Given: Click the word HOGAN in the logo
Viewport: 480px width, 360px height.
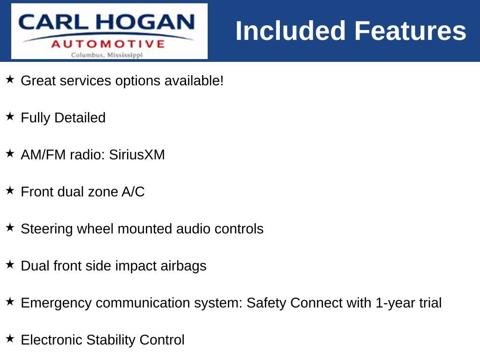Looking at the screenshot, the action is (145, 22).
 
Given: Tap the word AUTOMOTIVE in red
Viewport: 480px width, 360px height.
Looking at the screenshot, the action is (108, 44).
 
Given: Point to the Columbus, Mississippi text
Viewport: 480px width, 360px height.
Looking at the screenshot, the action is (107, 55).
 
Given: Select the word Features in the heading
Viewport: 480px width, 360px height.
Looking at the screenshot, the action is (410, 31).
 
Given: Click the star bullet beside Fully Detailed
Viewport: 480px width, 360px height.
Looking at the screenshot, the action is (10, 116).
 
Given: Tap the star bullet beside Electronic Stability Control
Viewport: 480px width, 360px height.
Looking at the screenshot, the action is (10, 338).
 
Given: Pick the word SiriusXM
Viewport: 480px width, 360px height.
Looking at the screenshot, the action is (137, 155).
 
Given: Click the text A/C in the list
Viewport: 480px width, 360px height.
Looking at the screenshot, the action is (133, 192).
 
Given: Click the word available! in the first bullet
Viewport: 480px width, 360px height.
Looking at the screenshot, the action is (194, 81).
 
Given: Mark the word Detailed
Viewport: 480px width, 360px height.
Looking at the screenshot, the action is (80, 118).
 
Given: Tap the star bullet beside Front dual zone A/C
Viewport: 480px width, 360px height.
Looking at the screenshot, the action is (10, 190).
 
